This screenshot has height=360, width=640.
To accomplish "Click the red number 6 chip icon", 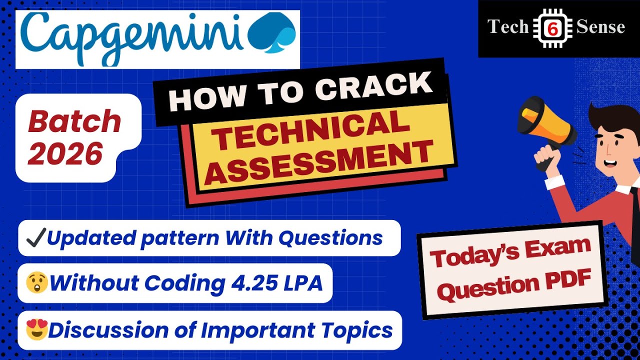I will click(x=552, y=28).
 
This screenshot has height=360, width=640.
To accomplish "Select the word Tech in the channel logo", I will click(x=508, y=27).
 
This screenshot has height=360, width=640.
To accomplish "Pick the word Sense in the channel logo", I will click(x=600, y=27).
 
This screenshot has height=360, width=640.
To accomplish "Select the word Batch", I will click(x=74, y=122).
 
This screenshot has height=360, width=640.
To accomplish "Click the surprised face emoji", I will click(x=36, y=283).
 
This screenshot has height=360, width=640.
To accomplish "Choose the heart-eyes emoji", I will click(x=36, y=330).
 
